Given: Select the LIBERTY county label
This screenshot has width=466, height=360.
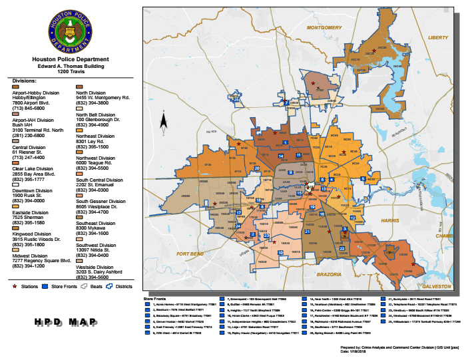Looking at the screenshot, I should (438, 38).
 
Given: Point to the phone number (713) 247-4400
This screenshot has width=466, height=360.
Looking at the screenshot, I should (27, 157).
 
